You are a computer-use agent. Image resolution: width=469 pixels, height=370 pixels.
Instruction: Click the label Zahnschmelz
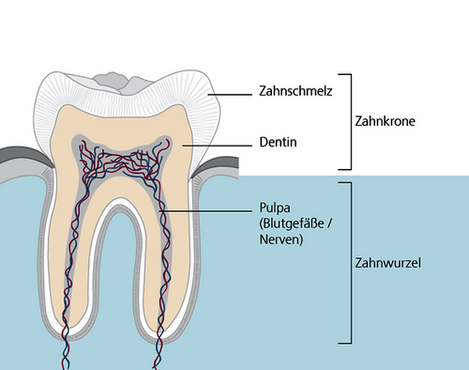[x=295, y=91]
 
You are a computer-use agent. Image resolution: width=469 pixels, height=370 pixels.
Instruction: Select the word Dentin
[x=278, y=142]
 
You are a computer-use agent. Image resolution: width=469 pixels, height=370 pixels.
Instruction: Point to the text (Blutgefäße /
[x=295, y=224]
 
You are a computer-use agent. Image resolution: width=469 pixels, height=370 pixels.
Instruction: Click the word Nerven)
[x=281, y=239]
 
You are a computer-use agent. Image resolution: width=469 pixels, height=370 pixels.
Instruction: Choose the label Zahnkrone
[x=385, y=121]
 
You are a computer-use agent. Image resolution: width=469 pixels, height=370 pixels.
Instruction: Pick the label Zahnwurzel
[x=387, y=263]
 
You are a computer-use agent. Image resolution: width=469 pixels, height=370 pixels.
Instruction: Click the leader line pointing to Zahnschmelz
[x=230, y=94]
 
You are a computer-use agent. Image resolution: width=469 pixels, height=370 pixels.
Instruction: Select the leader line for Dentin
[x=217, y=146]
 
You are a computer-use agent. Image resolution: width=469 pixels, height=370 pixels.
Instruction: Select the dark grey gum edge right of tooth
[x=216, y=165]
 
